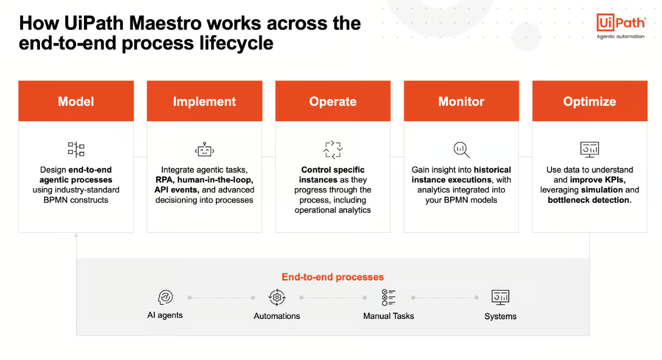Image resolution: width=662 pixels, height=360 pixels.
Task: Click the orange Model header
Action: coord(76,101)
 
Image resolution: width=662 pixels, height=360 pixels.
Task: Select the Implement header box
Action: coord(205,101)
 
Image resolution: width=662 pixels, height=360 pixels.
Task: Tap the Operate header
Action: coord(332,101)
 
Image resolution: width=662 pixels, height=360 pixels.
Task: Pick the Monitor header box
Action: coord(461,101)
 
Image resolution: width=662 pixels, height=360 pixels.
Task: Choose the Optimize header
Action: coord(589,101)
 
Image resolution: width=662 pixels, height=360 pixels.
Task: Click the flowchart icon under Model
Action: coord(76,149)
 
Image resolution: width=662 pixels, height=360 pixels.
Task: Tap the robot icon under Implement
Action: coord(205,149)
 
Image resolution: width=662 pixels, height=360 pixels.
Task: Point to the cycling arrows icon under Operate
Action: coord(332,150)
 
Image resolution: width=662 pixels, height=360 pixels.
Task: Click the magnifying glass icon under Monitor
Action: coord(461,150)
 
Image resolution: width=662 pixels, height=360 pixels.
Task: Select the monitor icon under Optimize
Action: coord(589,149)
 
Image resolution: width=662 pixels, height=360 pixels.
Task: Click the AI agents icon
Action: coord(165,297)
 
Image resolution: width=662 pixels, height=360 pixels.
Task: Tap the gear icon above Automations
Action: coord(277,297)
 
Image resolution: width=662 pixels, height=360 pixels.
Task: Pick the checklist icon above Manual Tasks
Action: coord(388,297)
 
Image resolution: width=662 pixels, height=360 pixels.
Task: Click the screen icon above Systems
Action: coord(500,297)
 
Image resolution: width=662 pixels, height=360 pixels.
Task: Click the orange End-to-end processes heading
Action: coord(332,277)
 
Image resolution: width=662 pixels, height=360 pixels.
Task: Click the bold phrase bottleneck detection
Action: coord(589,200)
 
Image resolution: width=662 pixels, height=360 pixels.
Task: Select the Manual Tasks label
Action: coord(388,316)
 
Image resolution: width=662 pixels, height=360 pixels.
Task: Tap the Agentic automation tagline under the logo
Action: coord(620,37)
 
